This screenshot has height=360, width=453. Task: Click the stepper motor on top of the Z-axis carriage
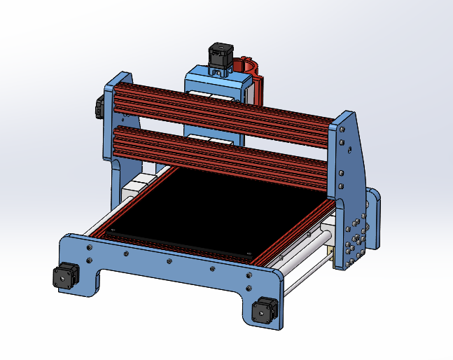click(220, 55)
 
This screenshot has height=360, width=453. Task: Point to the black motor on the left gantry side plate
click(99, 107)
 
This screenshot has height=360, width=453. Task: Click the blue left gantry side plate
click(116, 126)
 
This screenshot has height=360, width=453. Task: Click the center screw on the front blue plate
click(169, 263)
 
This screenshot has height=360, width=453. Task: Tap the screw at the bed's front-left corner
click(113, 228)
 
